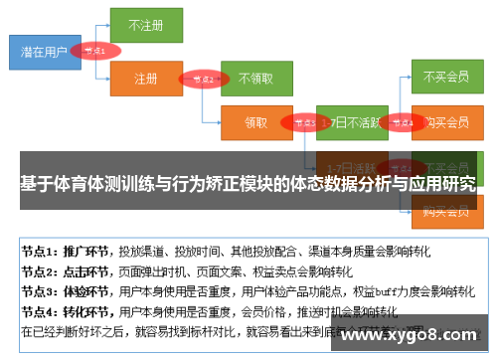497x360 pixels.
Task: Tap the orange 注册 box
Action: pos(146,77)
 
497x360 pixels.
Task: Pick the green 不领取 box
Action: pos(255,77)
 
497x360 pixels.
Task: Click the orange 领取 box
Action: pos(255,123)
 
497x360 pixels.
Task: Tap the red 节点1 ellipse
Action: pos(95,49)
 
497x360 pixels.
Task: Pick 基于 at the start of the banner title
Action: pos(33,184)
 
